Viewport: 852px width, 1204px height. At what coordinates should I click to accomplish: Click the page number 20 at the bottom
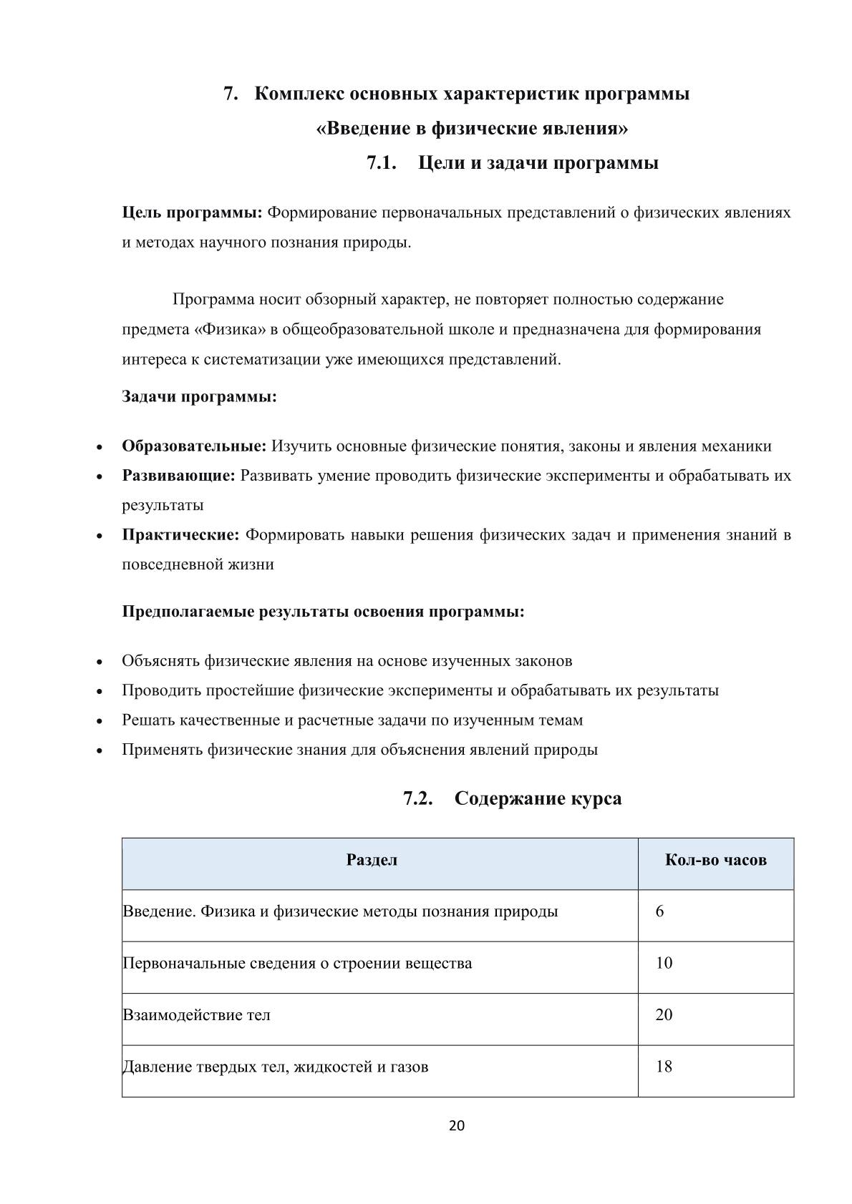tap(456, 1125)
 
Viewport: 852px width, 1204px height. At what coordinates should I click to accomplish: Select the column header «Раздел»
tap(372, 860)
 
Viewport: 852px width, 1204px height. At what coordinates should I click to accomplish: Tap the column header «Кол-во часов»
tap(715, 860)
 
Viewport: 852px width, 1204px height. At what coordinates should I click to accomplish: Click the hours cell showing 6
tap(659, 911)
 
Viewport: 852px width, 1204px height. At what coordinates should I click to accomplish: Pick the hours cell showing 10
tap(664, 963)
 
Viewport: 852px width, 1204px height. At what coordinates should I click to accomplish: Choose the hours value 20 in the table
tap(664, 1015)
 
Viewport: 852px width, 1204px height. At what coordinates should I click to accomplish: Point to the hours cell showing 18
tap(664, 1067)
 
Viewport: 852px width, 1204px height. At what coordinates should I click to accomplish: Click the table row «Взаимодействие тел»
tap(196, 1015)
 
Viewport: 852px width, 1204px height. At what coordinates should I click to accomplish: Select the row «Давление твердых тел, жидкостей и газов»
tap(276, 1067)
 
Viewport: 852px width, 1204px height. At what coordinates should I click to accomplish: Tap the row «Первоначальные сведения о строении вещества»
tap(297, 963)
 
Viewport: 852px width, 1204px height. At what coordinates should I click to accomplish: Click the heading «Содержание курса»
tap(538, 798)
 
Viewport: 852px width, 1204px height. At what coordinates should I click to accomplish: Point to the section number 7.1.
tap(382, 163)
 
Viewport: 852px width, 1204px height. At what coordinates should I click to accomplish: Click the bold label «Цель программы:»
tap(193, 212)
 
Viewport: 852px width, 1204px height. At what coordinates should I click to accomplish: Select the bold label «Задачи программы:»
tap(199, 396)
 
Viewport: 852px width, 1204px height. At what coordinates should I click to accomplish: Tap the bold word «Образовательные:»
tap(194, 446)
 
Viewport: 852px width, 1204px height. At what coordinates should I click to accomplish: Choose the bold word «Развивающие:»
tap(178, 476)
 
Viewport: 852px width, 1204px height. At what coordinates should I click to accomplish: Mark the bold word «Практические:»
tap(180, 535)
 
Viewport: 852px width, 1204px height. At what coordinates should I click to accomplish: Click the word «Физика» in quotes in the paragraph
tap(229, 329)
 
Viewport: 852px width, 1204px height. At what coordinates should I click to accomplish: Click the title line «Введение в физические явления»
tap(472, 129)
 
